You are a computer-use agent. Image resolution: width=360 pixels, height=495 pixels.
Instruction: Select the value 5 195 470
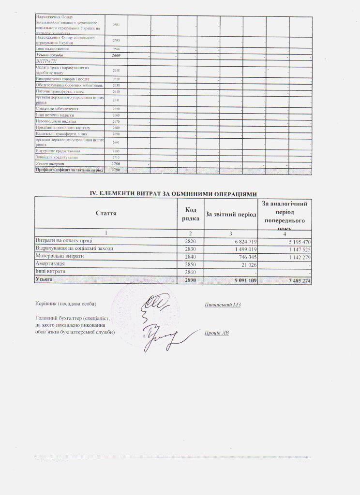click(x=297, y=241)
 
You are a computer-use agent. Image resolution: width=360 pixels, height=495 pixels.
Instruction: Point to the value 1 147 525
click(x=297, y=248)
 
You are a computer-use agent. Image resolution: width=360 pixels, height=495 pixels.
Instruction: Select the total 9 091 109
click(x=243, y=280)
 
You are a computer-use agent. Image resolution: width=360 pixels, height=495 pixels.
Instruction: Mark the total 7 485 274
click(x=297, y=280)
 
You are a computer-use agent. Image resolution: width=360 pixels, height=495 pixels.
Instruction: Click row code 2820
click(x=191, y=241)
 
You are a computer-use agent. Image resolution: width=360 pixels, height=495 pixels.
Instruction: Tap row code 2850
click(x=191, y=264)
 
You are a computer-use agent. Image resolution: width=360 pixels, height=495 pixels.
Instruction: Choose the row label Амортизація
click(x=51, y=264)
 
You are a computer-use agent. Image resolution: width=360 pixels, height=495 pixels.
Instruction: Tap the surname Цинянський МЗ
click(x=223, y=304)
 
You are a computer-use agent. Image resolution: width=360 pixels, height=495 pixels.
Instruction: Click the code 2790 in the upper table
click(x=115, y=170)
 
